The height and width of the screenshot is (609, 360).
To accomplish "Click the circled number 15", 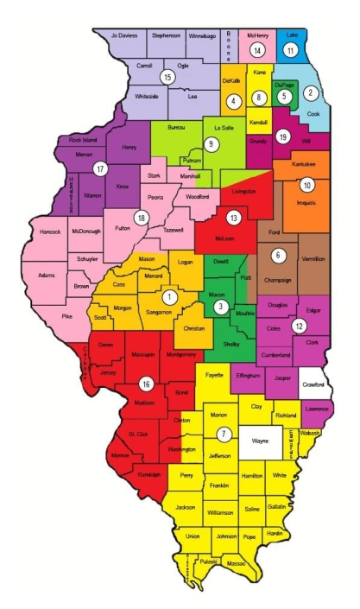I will [x=167, y=78].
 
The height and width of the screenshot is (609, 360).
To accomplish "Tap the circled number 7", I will [x=224, y=433].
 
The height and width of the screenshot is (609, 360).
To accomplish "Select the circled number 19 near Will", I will [x=282, y=135].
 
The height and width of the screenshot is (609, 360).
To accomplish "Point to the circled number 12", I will [x=299, y=326].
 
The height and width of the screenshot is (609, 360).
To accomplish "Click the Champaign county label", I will [x=278, y=280].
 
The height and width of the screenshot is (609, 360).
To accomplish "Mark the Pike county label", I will [x=66, y=318].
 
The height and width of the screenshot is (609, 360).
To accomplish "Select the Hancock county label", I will [x=46, y=232].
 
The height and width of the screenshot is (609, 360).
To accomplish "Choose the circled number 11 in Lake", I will [x=291, y=51].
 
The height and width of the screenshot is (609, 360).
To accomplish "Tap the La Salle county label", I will [x=222, y=128].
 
